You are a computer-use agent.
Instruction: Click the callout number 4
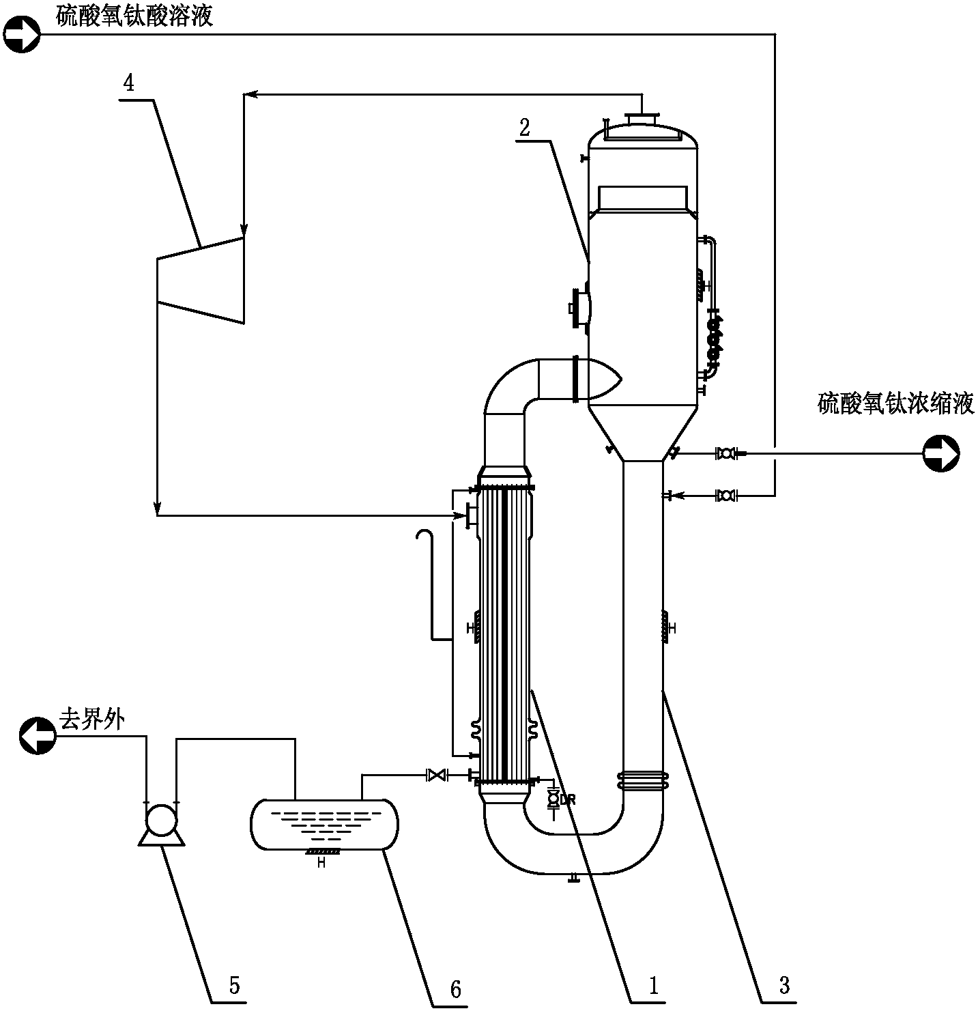point(128,83)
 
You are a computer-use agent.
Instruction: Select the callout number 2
point(524,128)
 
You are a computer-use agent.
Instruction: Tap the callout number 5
point(234,984)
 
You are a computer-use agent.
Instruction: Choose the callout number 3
point(784,984)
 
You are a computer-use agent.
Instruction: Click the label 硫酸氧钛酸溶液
point(134,15)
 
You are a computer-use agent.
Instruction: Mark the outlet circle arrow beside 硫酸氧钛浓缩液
point(941,454)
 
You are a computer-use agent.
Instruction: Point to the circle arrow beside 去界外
point(38,736)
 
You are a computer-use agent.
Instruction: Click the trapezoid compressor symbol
point(201,280)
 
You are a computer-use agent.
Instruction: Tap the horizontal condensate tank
point(324,823)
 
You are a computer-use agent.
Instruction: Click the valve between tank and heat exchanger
point(435,775)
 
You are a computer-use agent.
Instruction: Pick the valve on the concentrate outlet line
point(725,453)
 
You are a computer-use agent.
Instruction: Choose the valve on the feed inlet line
point(725,496)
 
